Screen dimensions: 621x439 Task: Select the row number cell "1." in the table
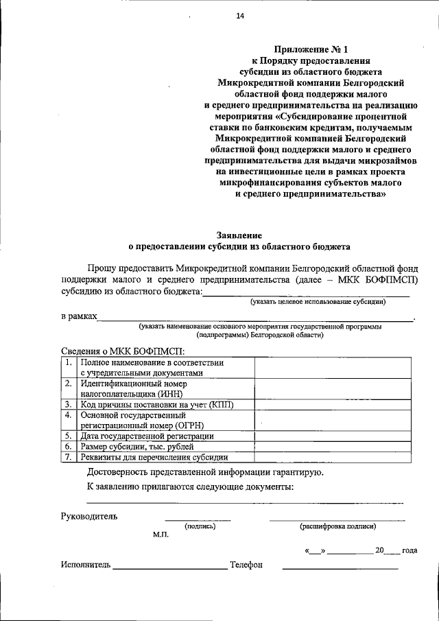coord(69,362)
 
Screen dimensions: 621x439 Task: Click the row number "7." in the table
coord(69,457)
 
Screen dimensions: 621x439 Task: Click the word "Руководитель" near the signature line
coord(89,515)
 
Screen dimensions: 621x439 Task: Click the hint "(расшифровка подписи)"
coord(337,526)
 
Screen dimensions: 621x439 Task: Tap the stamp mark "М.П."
coord(161,535)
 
